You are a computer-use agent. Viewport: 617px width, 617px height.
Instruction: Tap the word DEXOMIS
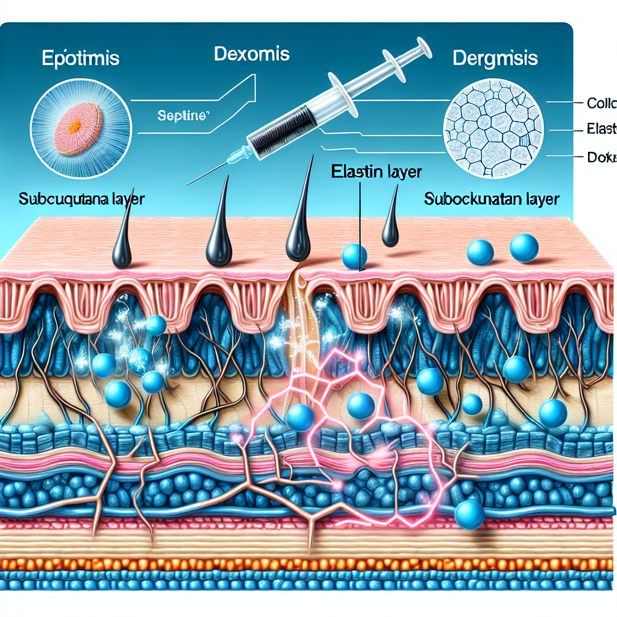(251, 54)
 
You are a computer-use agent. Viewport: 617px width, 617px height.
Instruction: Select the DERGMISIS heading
(493, 59)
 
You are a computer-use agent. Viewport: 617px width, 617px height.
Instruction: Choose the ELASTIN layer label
(377, 171)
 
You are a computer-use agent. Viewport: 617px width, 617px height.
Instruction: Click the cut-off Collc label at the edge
(601, 103)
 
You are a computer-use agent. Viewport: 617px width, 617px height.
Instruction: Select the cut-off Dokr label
(602, 158)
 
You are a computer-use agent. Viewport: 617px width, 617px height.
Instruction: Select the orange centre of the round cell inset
(75, 127)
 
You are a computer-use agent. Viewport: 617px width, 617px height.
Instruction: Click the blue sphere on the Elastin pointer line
(354, 256)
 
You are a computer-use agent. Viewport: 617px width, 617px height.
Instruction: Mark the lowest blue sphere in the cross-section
(469, 515)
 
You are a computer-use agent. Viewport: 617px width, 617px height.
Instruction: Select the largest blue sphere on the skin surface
(524, 248)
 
